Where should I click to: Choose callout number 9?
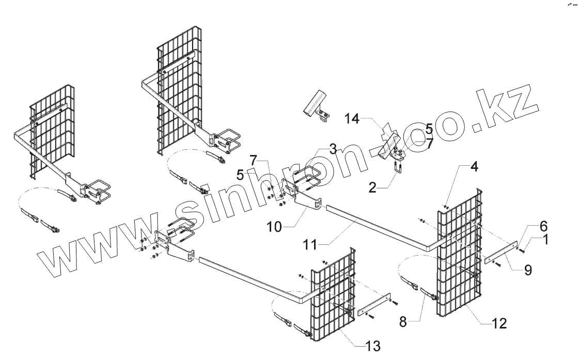click(527, 269)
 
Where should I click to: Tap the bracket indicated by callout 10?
click(307, 204)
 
